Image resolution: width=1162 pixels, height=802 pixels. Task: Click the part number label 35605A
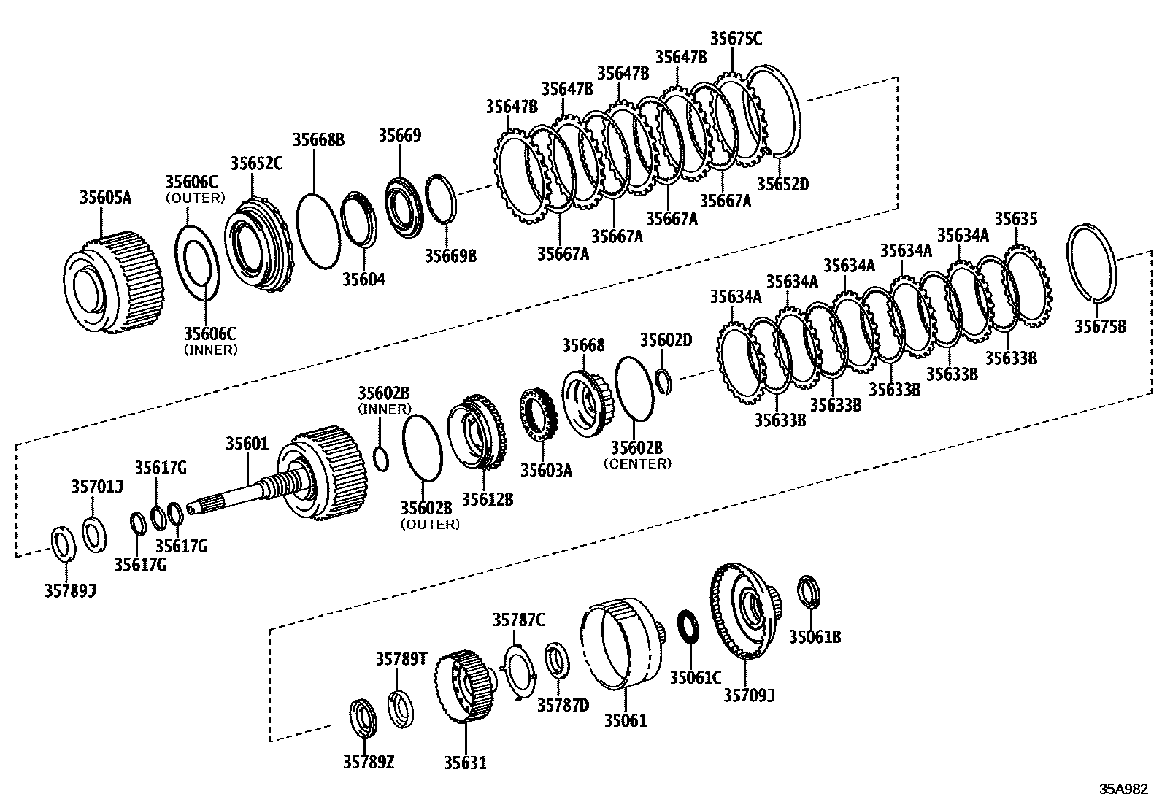coord(105,197)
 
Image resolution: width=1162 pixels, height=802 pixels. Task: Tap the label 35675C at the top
coord(736,39)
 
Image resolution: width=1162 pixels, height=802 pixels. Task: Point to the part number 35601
coord(247,444)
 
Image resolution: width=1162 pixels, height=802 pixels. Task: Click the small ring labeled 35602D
coord(663,381)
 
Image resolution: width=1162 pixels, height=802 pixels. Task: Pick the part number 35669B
coord(450,255)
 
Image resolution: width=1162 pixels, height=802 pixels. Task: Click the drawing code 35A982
coord(1125,790)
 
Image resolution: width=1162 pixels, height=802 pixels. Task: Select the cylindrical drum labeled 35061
coord(617,642)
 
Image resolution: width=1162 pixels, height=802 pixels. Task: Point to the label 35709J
coord(749,695)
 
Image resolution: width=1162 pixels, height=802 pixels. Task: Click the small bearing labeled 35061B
coord(808,592)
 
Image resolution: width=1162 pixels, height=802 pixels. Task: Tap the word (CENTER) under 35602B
coord(637,463)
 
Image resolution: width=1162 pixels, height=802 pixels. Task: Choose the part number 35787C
coord(518,620)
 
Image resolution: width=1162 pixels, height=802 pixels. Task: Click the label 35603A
coord(546,471)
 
